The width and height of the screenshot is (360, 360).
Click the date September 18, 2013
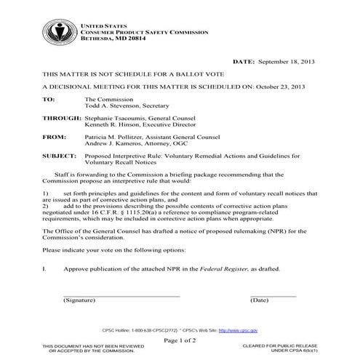click(294, 63)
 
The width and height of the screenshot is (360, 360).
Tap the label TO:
click(49, 97)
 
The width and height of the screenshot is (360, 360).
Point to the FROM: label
click(53, 136)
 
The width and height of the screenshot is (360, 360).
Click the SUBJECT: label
click(58, 156)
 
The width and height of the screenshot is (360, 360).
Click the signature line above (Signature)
click(121, 295)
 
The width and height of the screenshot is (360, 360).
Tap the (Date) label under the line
click(259, 300)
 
